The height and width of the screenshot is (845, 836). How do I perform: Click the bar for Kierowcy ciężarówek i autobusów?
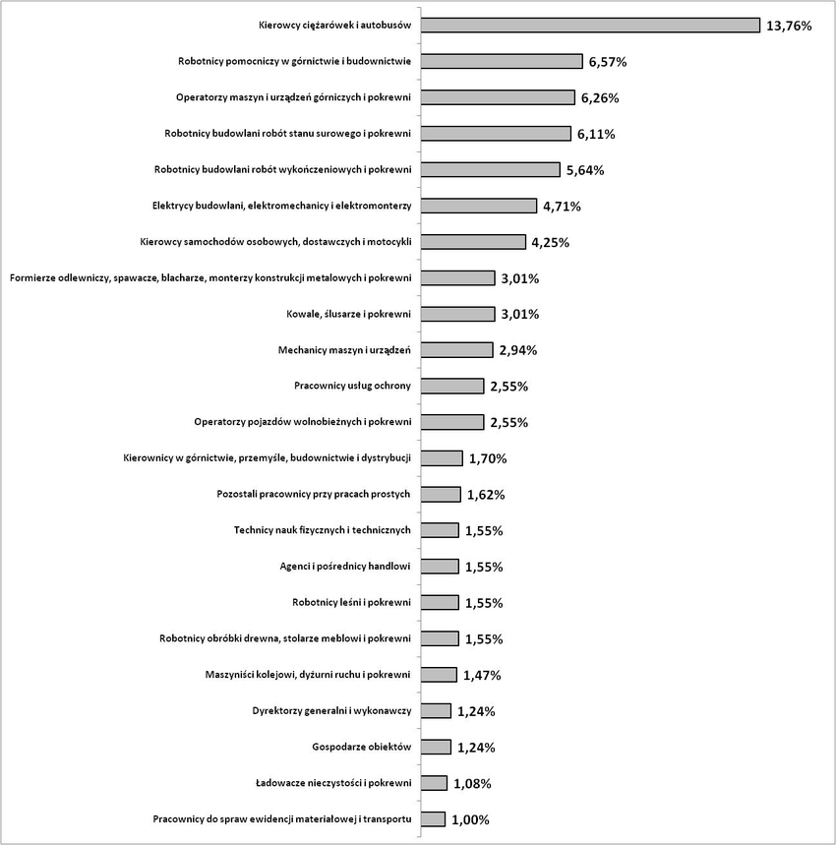pyautogui.click(x=590, y=26)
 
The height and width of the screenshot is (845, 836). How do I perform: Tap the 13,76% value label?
pyautogui.click(x=789, y=26)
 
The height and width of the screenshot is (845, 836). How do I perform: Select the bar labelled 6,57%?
pyautogui.click(x=502, y=61)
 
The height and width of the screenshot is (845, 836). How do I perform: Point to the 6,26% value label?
pyautogui.click(x=600, y=98)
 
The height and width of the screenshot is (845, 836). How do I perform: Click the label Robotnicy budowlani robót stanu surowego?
pyautogui.click(x=287, y=134)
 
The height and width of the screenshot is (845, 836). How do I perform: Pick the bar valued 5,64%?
pyautogui.click(x=490, y=170)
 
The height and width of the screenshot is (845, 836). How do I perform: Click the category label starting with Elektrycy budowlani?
pyautogui.click(x=281, y=206)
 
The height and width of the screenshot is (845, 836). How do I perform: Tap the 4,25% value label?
pyautogui.click(x=551, y=243)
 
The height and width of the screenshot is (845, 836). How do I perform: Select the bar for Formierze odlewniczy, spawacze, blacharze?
pyautogui.click(x=458, y=278)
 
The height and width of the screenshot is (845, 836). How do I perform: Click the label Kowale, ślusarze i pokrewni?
pyautogui.click(x=348, y=314)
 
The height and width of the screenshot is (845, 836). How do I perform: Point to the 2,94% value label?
pyautogui.click(x=518, y=350)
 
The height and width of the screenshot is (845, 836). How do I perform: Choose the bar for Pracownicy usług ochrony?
pyautogui.click(x=452, y=386)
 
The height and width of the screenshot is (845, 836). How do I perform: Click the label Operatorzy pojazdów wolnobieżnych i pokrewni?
pyautogui.click(x=303, y=422)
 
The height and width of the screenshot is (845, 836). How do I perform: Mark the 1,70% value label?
pyautogui.click(x=488, y=458)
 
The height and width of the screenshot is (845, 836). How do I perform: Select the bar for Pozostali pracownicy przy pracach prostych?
pyautogui.click(x=441, y=494)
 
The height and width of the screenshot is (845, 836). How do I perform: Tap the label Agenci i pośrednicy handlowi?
pyautogui.click(x=345, y=567)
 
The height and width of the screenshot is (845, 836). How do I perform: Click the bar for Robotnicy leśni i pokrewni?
pyautogui.click(x=440, y=602)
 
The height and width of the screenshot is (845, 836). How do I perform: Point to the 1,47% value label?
pyautogui.click(x=482, y=675)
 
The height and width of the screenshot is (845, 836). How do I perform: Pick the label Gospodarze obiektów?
pyautogui.click(x=361, y=747)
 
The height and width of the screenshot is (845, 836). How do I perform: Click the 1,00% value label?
pyautogui.click(x=471, y=819)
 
